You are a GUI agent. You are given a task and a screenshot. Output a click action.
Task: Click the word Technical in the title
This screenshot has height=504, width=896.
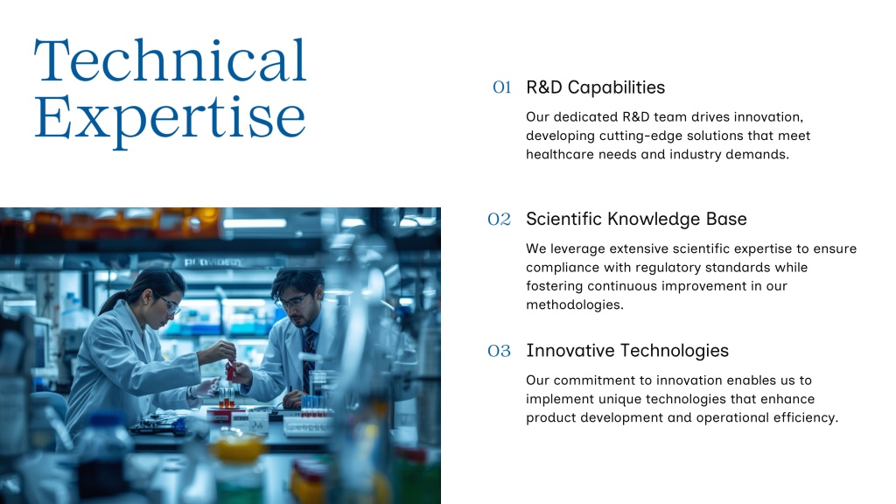point(171,60)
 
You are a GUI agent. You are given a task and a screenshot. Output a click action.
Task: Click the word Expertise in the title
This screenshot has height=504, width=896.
point(170,119)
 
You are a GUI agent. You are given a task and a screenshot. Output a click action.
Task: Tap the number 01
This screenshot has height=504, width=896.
point(501,87)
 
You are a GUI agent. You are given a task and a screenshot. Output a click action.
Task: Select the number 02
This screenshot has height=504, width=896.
point(499,219)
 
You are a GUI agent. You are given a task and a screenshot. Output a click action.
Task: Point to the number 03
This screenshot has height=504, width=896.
point(499,351)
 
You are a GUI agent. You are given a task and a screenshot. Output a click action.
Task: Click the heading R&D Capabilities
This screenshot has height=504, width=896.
point(595,87)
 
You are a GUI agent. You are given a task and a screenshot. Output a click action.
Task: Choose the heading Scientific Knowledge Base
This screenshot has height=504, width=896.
point(636,219)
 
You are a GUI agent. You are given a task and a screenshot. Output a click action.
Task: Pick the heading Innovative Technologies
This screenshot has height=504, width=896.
point(627,350)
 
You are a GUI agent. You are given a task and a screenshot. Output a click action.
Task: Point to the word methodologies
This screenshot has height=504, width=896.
point(574,304)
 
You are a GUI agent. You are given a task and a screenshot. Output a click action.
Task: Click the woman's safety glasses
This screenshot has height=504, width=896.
point(169,304)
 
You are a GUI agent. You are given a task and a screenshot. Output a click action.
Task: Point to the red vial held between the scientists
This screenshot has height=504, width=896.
point(230,370)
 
